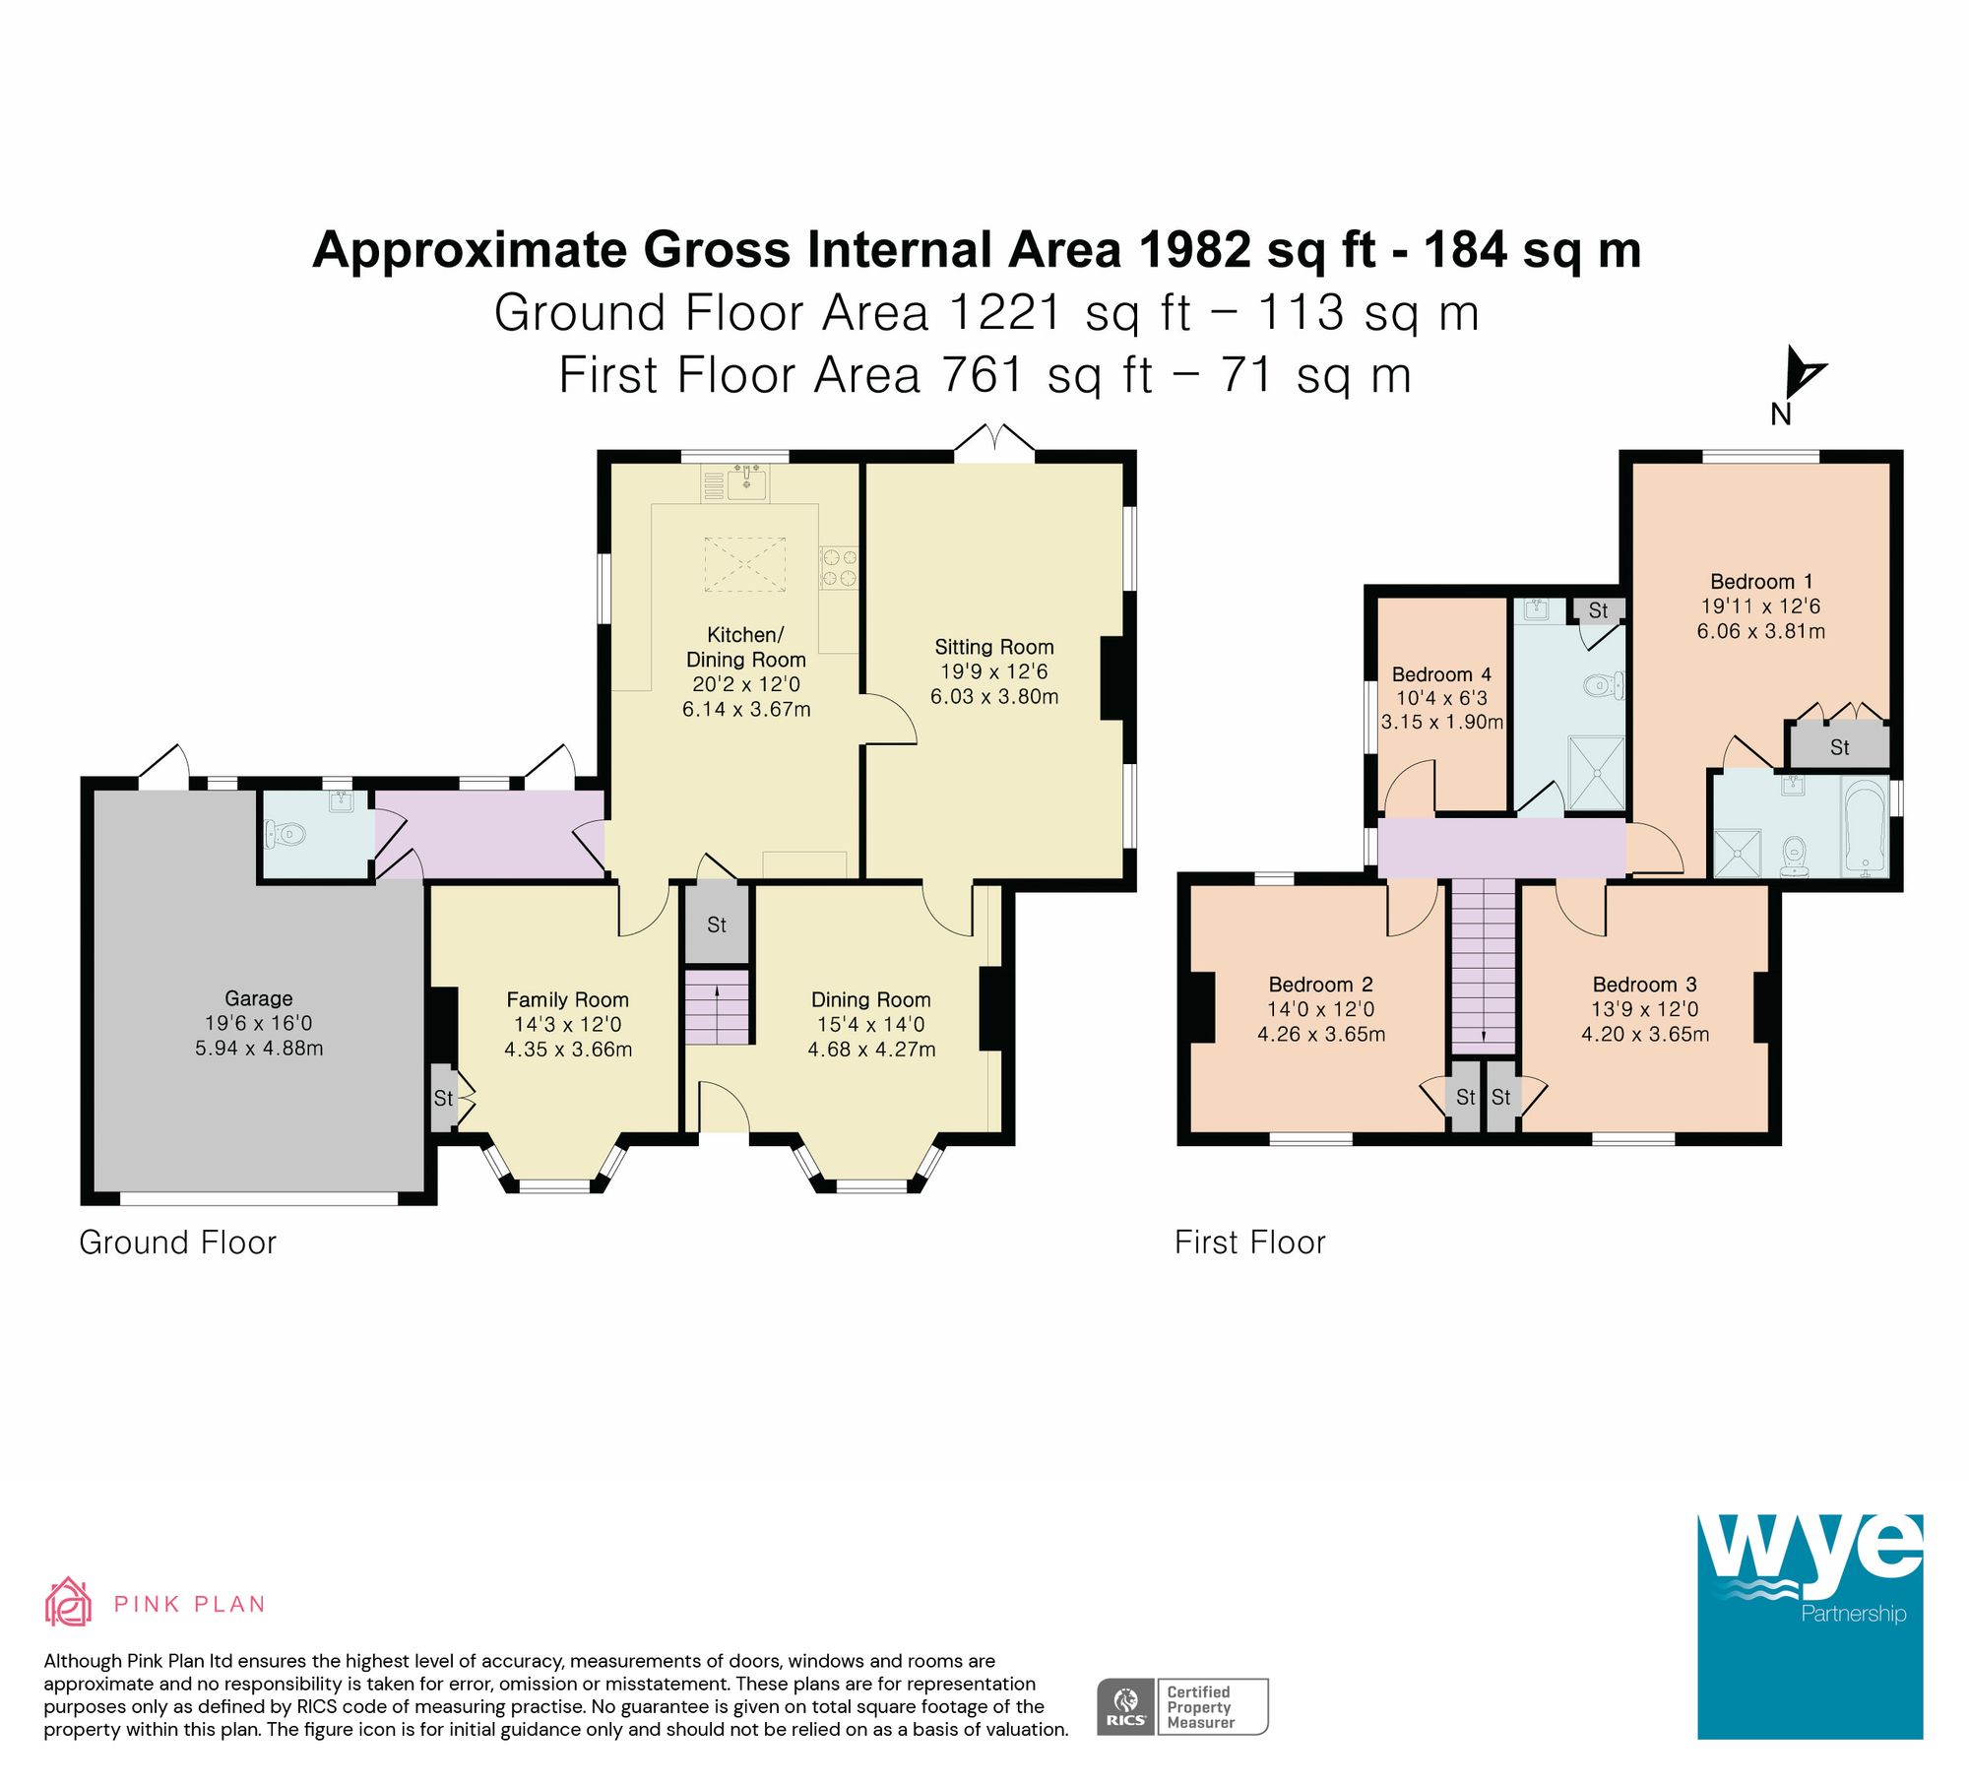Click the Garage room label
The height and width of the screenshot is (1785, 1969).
click(x=258, y=998)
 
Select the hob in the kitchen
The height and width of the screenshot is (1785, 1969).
click(x=839, y=568)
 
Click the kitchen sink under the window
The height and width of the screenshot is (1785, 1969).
click(x=747, y=482)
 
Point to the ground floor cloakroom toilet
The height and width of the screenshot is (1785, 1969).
click(x=286, y=836)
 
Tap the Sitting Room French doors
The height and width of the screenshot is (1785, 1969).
click(x=994, y=442)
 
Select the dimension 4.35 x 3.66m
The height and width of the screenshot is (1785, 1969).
click(x=568, y=1050)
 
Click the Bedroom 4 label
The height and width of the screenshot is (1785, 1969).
click(x=1440, y=674)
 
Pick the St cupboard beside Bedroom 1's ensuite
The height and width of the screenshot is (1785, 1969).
click(x=1839, y=747)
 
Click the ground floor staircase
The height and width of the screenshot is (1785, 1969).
click(x=717, y=1007)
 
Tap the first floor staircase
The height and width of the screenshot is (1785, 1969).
click(x=1484, y=965)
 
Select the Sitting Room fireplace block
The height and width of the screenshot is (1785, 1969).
click(x=1112, y=678)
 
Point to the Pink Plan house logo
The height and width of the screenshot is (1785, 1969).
click(x=68, y=1602)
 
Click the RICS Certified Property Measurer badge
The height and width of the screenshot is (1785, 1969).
click(x=1182, y=1706)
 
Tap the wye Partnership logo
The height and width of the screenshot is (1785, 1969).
click(x=1809, y=1626)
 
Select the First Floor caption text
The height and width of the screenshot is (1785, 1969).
click(x=1249, y=1243)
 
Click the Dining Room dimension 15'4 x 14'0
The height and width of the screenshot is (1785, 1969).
click(x=870, y=1025)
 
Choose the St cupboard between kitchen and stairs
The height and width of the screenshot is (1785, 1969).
click(x=717, y=924)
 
